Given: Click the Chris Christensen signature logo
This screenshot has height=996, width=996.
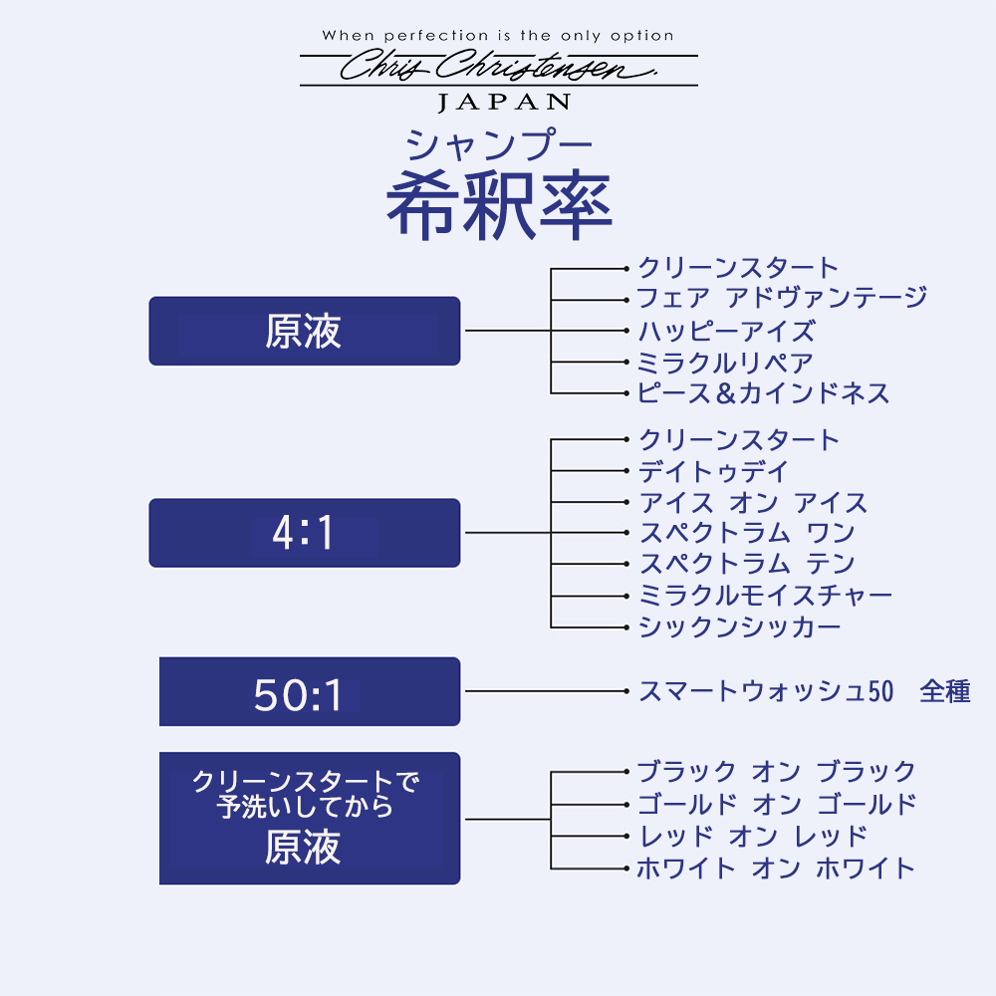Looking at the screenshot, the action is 499,66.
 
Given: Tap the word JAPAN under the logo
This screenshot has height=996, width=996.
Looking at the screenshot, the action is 504,103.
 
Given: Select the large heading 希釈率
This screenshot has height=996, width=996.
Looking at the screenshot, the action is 499,204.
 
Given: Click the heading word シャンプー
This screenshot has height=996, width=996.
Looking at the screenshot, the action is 499,144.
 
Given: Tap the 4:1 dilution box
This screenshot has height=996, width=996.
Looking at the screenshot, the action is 304,532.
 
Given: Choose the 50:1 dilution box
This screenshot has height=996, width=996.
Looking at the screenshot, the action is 310,691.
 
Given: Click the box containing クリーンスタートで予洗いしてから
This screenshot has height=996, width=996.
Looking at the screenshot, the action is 310,818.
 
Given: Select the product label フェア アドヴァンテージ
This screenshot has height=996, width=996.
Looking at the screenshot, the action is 782,297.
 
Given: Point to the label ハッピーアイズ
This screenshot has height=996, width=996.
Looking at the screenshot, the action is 726,331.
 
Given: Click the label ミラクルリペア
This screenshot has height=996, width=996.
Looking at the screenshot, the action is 725,363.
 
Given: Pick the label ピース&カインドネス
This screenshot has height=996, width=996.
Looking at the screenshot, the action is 763,393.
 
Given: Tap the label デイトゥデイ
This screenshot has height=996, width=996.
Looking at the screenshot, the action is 713,471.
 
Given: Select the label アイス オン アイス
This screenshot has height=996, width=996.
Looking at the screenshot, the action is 753,502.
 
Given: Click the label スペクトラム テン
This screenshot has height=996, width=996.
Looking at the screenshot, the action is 747,564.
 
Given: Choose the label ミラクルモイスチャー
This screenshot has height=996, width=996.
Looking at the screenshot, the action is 765,596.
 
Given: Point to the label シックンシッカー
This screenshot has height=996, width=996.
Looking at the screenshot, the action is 740,626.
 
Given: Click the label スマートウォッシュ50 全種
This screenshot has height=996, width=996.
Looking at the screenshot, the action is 805,691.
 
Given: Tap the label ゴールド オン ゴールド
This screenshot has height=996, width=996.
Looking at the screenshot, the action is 777,804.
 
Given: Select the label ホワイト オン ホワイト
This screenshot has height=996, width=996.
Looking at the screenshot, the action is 776,868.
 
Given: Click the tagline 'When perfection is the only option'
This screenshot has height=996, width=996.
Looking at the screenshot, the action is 498,36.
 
